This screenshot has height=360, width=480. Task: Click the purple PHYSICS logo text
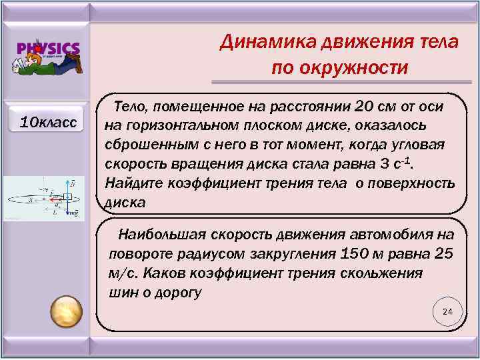[x=48, y=49]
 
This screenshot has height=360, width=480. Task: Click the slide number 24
[x=447, y=312]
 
